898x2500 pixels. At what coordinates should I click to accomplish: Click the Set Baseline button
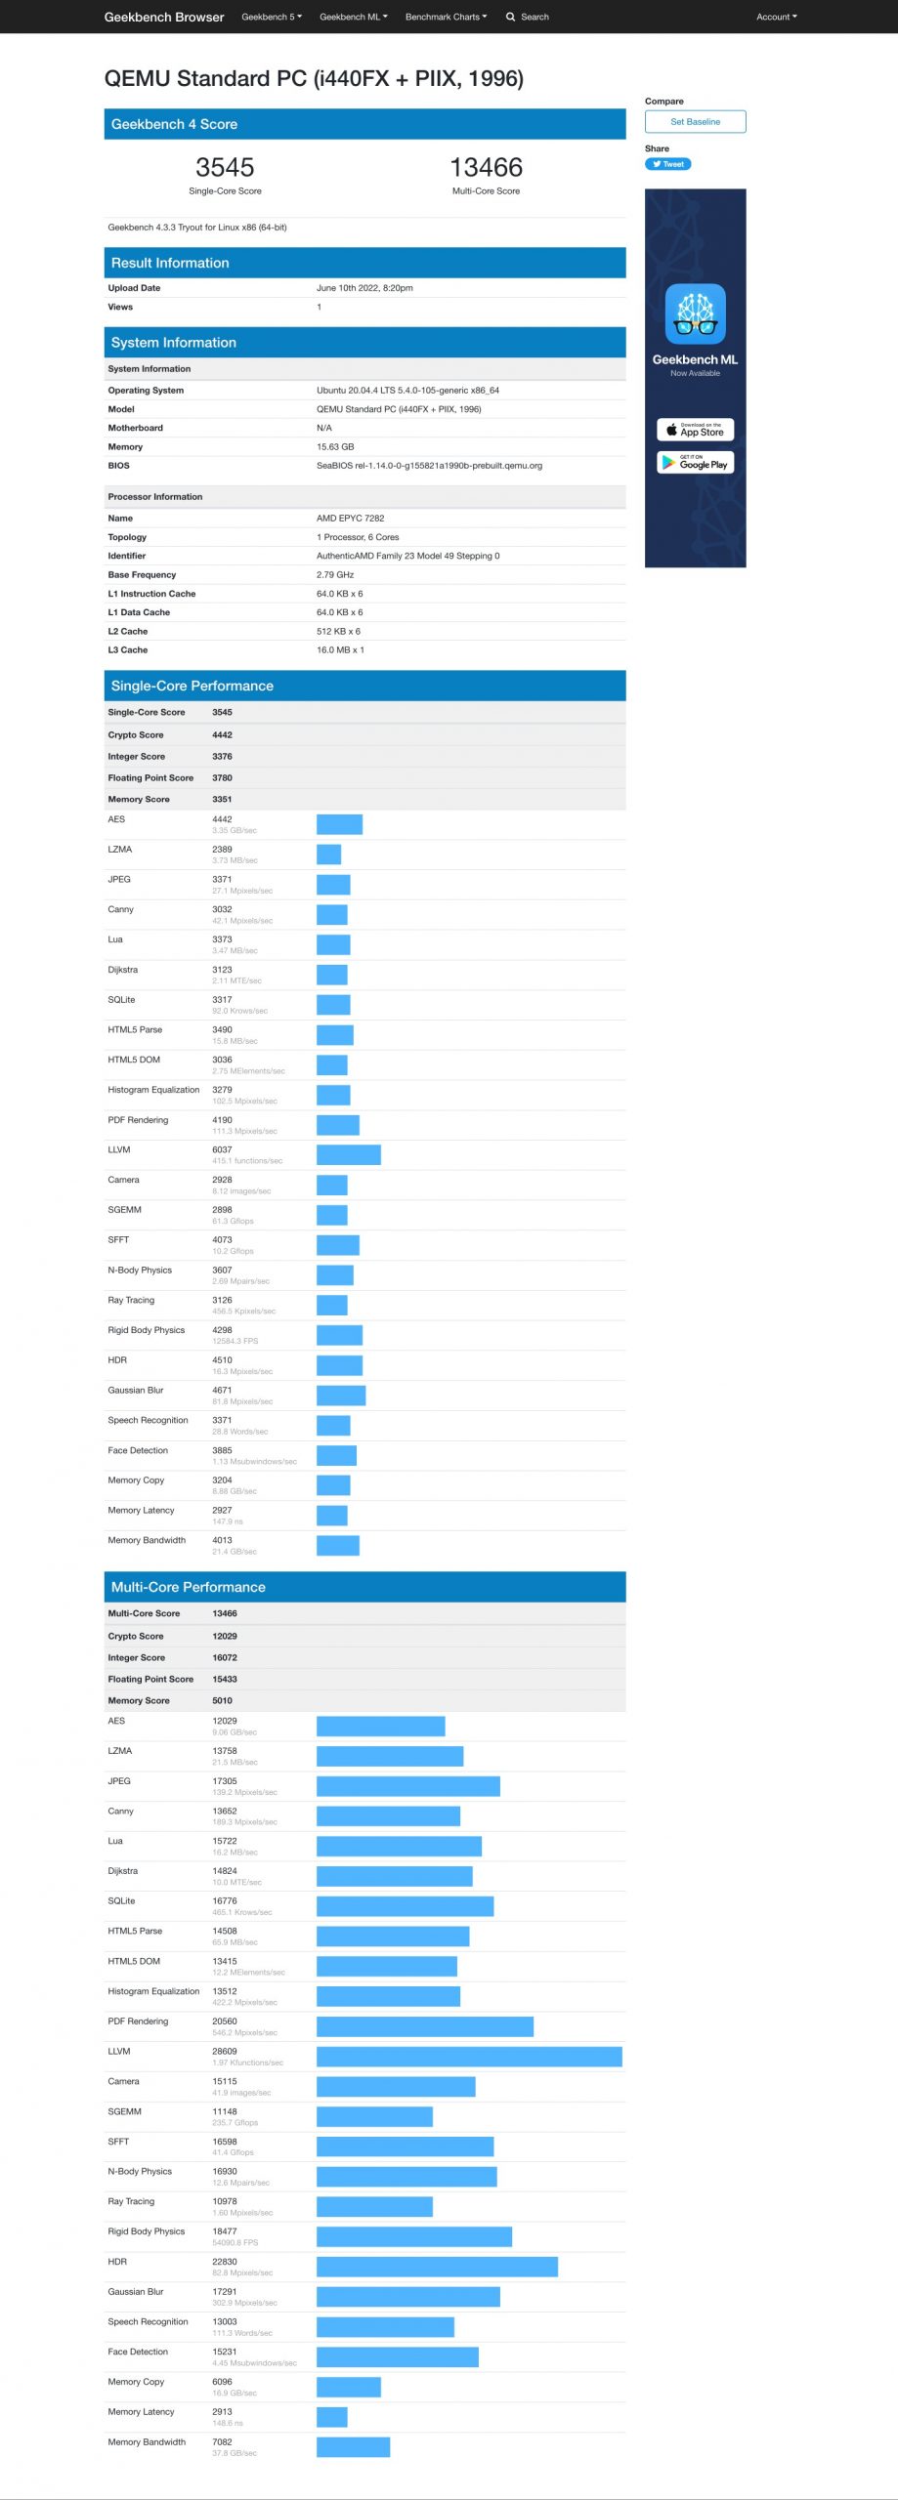pyautogui.click(x=695, y=121)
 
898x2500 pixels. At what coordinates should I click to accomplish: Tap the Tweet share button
pyautogui.click(x=667, y=164)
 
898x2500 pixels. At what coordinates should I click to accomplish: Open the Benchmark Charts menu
pyautogui.click(x=446, y=17)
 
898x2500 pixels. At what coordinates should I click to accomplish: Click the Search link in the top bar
pyautogui.click(x=528, y=17)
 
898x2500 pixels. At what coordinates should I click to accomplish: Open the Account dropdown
pyautogui.click(x=776, y=17)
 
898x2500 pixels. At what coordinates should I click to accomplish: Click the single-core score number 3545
pyautogui.click(x=225, y=167)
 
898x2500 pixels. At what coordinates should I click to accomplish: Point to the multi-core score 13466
pyautogui.click(x=486, y=167)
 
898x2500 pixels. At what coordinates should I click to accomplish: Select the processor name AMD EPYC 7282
pyautogui.click(x=350, y=519)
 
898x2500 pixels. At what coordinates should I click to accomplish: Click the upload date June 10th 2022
pyautogui.click(x=364, y=288)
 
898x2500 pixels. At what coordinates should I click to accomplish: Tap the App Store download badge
pyautogui.click(x=695, y=430)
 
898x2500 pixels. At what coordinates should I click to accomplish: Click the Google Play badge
pyautogui.click(x=695, y=463)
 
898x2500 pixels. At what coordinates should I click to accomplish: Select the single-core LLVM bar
pyautogui.click(x=348, y=1155)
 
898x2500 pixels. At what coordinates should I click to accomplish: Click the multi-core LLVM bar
pyautogui.click(x=469, y=2057)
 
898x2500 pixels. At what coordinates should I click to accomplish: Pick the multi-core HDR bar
pyautogui.click(x=437, y=2266)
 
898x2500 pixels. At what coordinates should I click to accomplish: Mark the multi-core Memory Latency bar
pyautogui.click(x=331, y=2416)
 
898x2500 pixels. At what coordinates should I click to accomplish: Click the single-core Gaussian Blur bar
pyautogui.click(x=341, y=1396)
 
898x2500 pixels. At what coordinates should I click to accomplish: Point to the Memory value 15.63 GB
pyautogui.click(x=335, y=446)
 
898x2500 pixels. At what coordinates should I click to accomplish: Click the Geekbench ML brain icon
pyautogui.click(x=695, y=313)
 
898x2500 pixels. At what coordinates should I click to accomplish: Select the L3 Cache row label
pyautogui.click(x=128, y=649)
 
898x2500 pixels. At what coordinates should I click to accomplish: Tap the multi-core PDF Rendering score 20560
pyautogui.click(x=225, y=2021)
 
